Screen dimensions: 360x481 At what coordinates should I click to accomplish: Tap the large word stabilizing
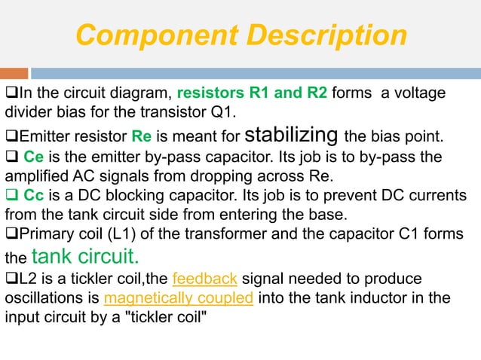click(x=295, y=136)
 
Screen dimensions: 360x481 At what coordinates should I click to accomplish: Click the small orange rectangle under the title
click(x=14, y=73)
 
